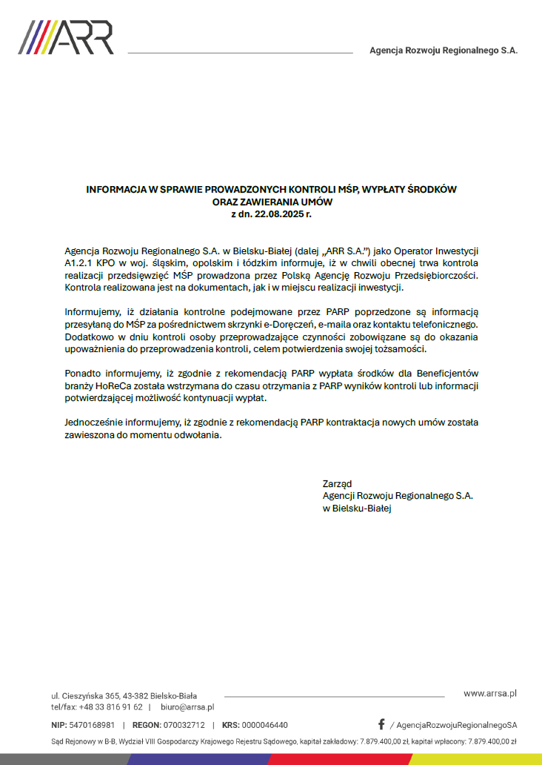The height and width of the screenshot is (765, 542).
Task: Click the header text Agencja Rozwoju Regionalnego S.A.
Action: coord(444,50)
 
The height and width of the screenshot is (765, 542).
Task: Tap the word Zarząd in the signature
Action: coord(337,483)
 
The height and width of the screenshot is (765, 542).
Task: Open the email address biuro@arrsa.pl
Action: coord(187,707)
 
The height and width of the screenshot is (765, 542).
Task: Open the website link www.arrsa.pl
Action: coord(489,693)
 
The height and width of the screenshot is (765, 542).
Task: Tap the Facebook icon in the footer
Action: coord(381,724)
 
